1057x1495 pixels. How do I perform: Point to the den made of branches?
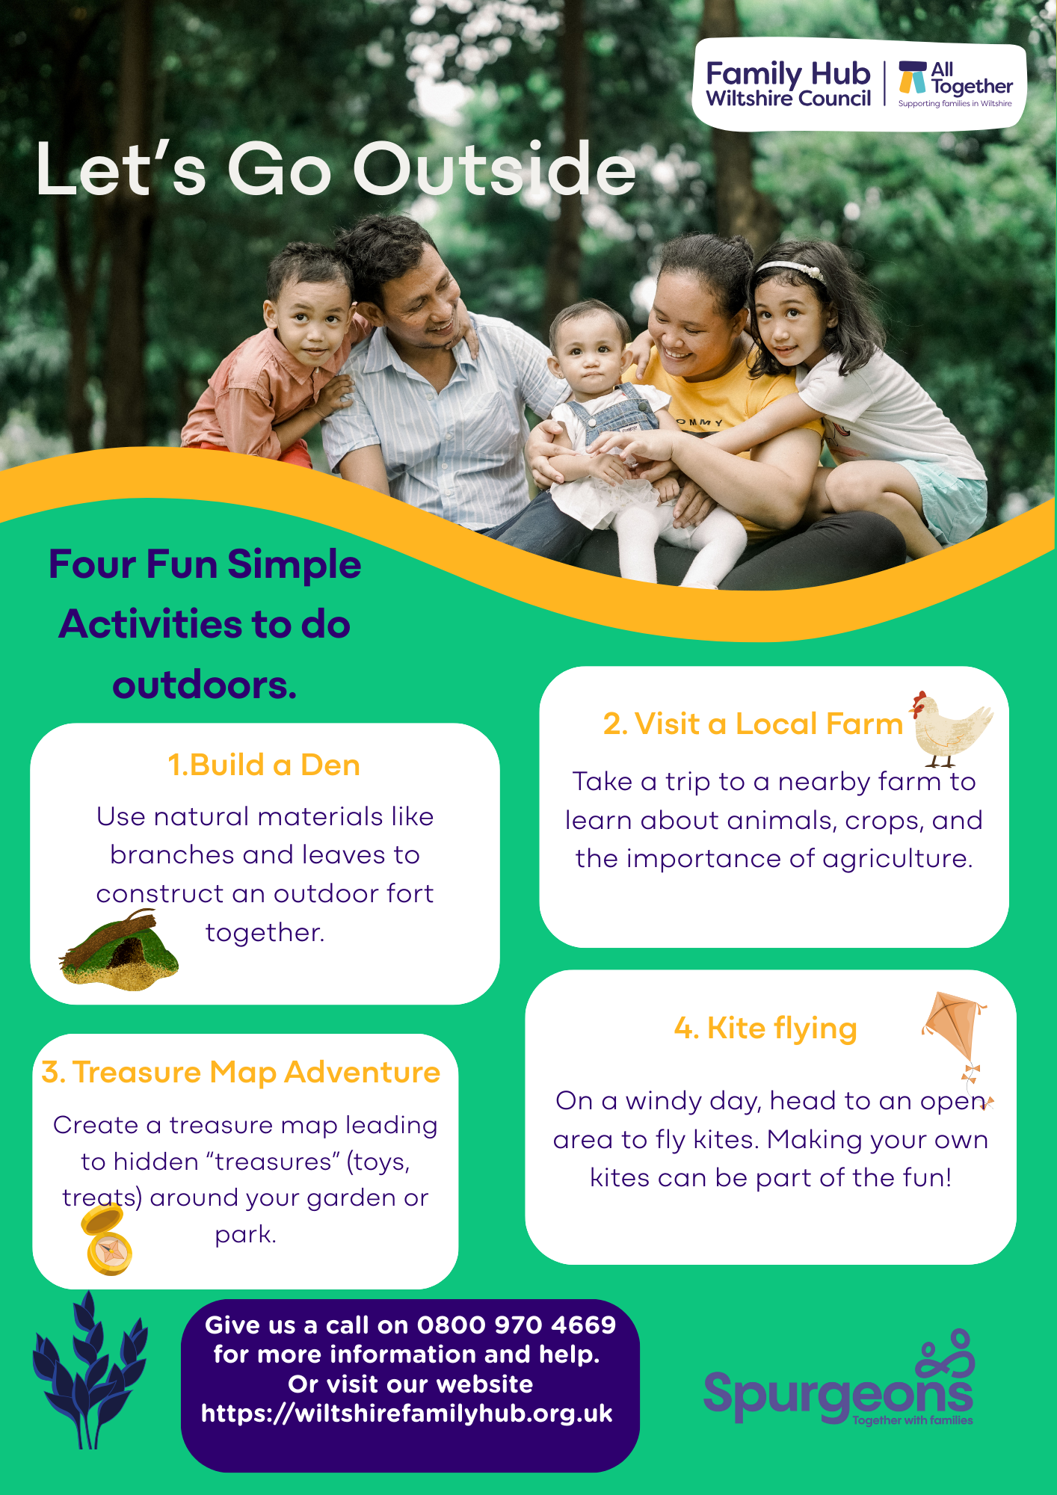[x=119, y=950]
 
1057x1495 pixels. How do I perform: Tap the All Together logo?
[x=955, y=84]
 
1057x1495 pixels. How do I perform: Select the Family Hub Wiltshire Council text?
[x=789, y=84]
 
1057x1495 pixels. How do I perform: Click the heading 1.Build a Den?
[x=264, y=765]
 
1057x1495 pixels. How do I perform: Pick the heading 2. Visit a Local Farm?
[x=753, y=724]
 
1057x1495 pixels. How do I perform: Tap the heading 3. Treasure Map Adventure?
[x=241, y=1073]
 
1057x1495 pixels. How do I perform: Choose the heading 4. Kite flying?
[x=765, y=1029]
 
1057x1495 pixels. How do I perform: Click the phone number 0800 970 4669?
[x=517, y=1325]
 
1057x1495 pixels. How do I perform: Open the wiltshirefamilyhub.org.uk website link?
[x=407, y=1414]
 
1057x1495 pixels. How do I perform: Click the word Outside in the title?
[x=494, y=169]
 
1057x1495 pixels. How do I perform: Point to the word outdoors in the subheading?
[x=204, y=685]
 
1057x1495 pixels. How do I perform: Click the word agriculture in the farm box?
[x=898, y=860]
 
